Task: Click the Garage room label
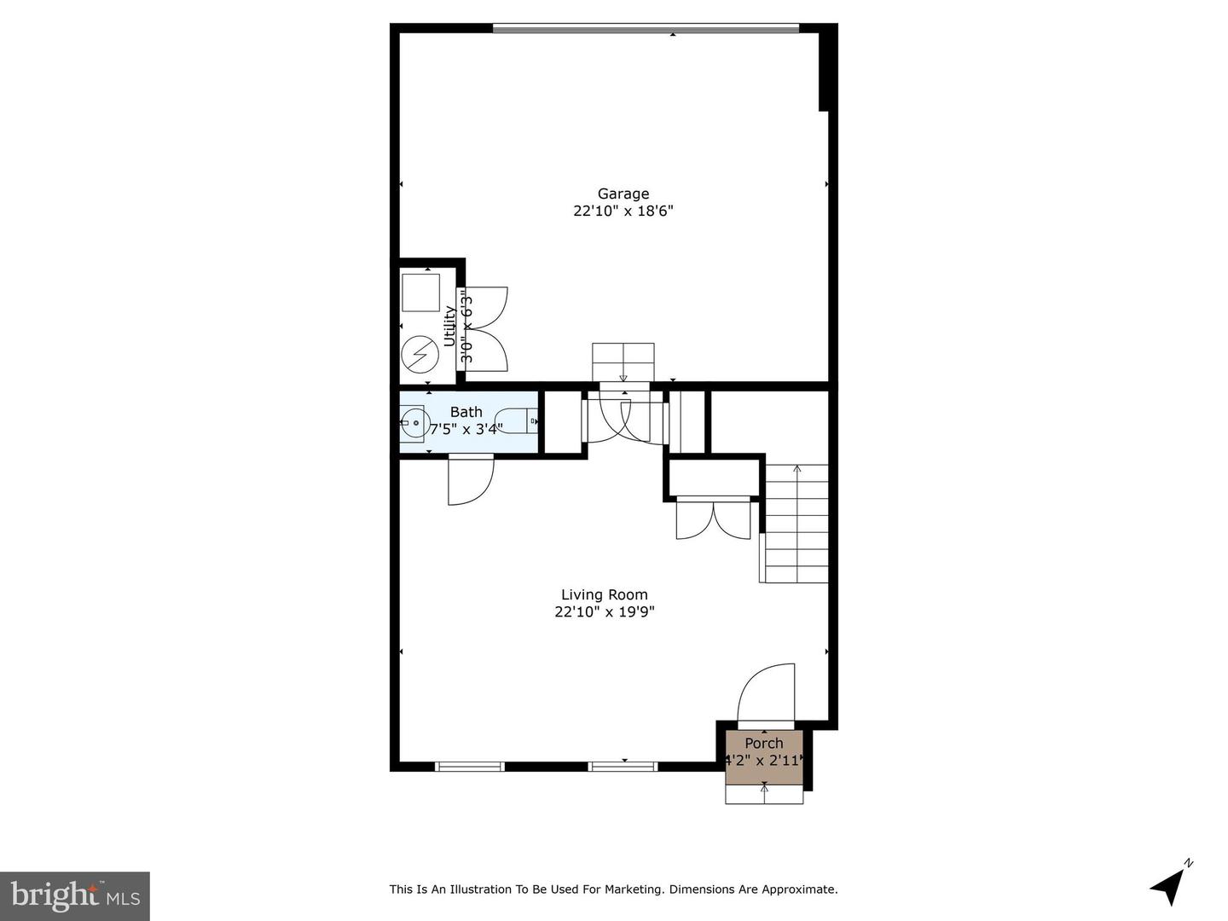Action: (623, 194)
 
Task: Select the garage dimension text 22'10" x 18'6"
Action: (623, 211)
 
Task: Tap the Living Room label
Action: (605, 595)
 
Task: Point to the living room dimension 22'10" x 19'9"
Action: (605, 611)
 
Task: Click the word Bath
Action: (466, 412)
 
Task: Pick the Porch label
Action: (763, 743)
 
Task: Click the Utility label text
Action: (449, 326)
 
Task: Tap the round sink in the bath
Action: (415, 424)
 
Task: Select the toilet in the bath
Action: (516, 420)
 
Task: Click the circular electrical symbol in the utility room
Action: (419, 354)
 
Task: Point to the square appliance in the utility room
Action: (420, 293)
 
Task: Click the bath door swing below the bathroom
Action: (471, 481)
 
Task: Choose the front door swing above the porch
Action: (766, 695)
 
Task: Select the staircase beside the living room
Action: (793, 524)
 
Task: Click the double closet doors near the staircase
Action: (713, 519)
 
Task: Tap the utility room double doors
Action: (484, 329)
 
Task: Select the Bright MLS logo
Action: (75, 895)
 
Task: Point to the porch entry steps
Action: (764, 794)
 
